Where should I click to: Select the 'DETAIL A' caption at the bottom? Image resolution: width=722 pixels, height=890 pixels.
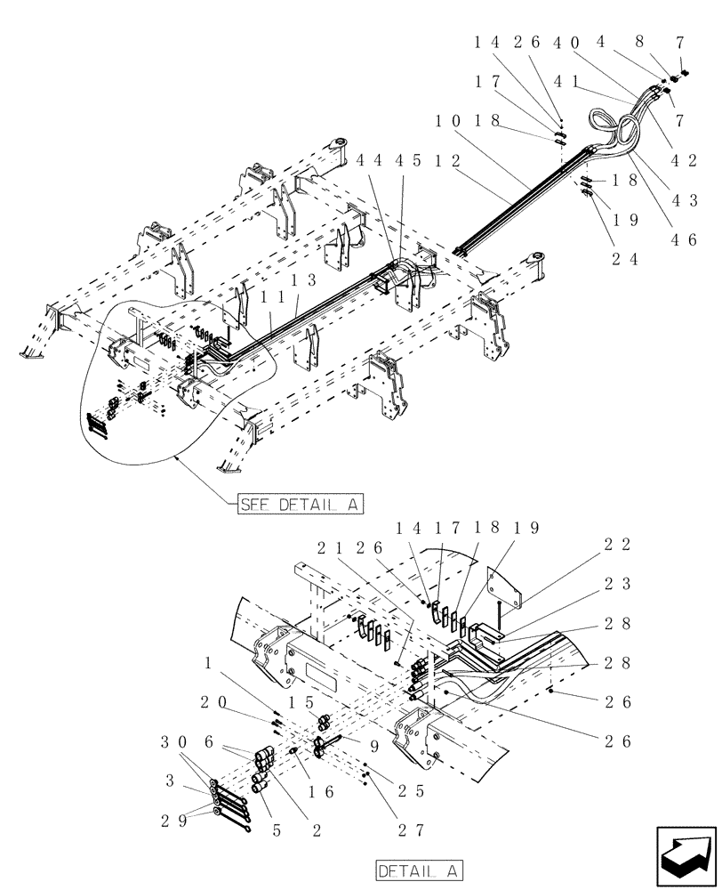click(x=419, y=869)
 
